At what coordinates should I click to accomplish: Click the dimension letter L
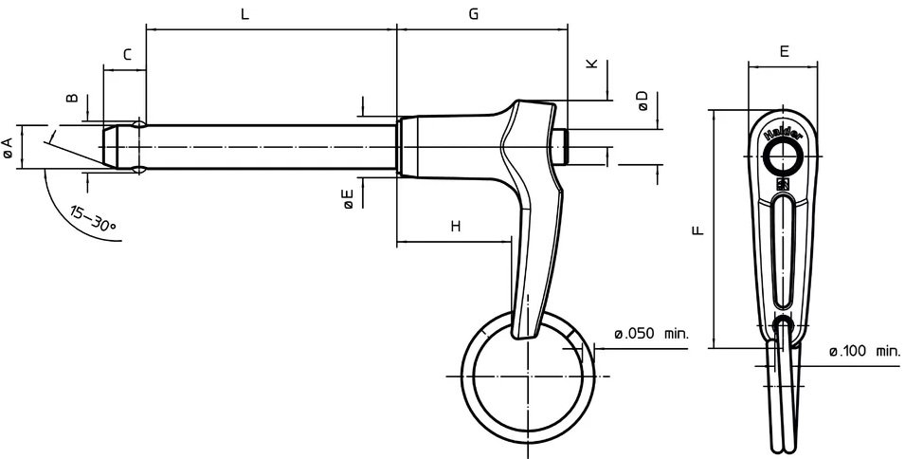click(244, 14)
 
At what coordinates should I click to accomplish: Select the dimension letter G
click(473, 14)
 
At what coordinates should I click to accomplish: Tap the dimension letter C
click(128, 55)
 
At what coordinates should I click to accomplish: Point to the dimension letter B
click(72, 98)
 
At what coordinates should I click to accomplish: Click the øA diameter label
click(8, 147)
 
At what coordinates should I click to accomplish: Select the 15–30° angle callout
click(92, 218)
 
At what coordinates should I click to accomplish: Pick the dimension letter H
click(456, 227)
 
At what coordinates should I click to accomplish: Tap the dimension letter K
click(592, 64)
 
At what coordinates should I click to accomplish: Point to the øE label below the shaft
click(349, 199)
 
